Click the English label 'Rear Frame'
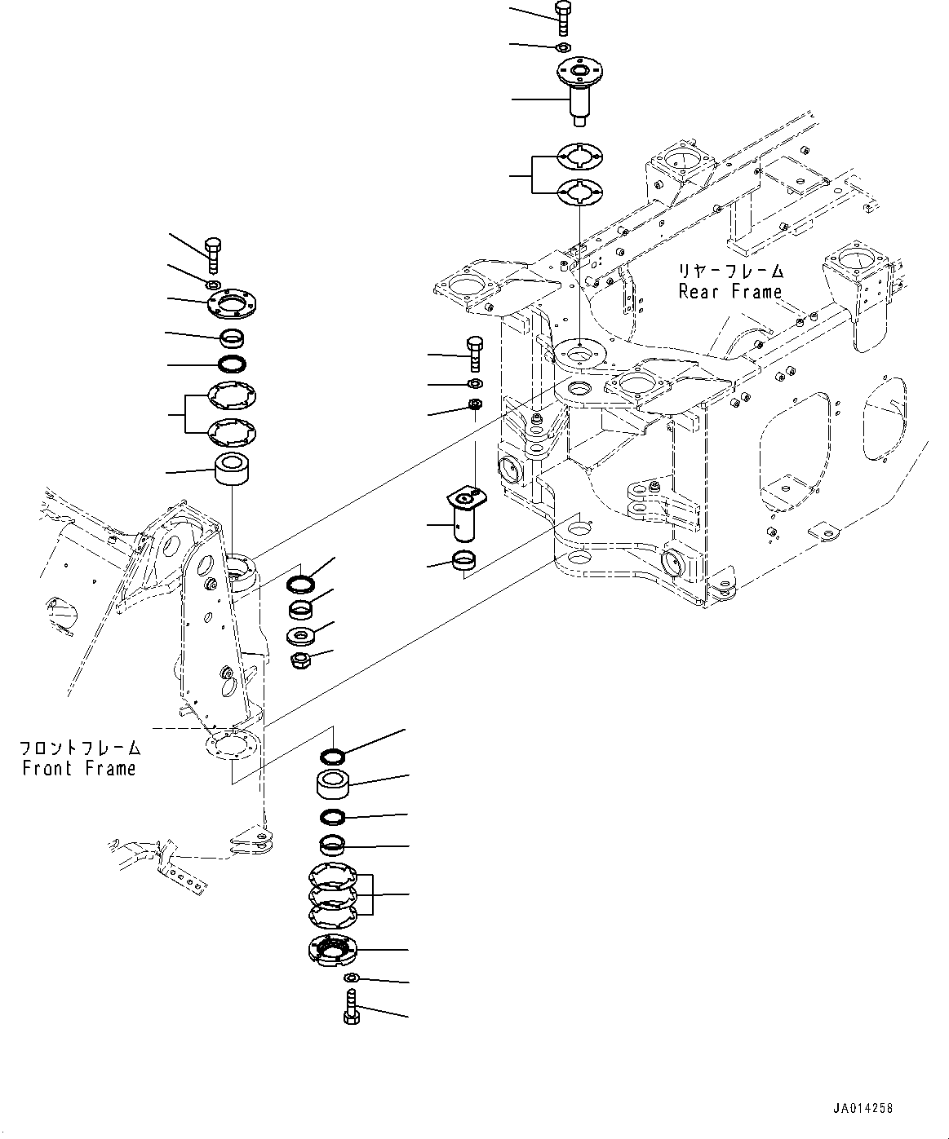click(x=730, y=292)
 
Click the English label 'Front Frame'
click(x=79, y=768)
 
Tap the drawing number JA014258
click(x=863, y=1109)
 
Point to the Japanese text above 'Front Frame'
click(x=80, y=748)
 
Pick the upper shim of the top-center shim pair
click(x=579, y=156)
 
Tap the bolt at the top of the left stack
click(x=212, y=254)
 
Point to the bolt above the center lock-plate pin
click(x=474, y=352)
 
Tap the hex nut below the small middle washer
click(x=300, y=660)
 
